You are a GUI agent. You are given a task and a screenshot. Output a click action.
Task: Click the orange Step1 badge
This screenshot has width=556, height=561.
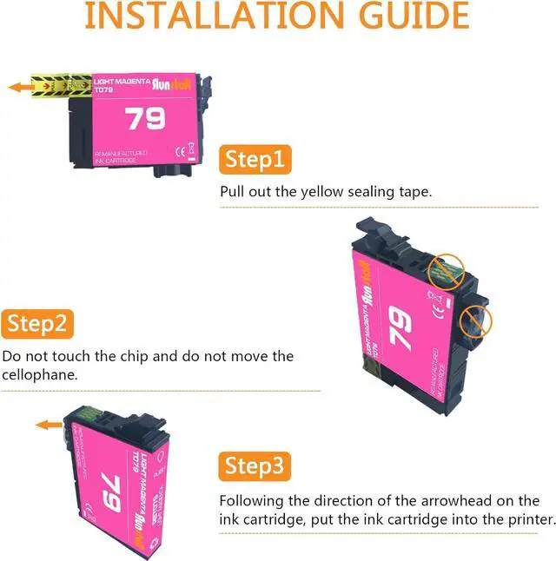point(255,161)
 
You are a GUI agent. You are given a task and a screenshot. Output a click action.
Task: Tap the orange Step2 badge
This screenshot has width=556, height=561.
point(37,325)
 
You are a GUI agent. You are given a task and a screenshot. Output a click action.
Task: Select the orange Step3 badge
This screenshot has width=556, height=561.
point(255,466)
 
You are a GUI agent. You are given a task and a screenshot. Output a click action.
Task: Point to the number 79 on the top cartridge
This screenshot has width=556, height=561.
point(145,118)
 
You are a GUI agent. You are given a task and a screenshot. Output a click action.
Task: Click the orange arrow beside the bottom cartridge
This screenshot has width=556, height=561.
point(48,426)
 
